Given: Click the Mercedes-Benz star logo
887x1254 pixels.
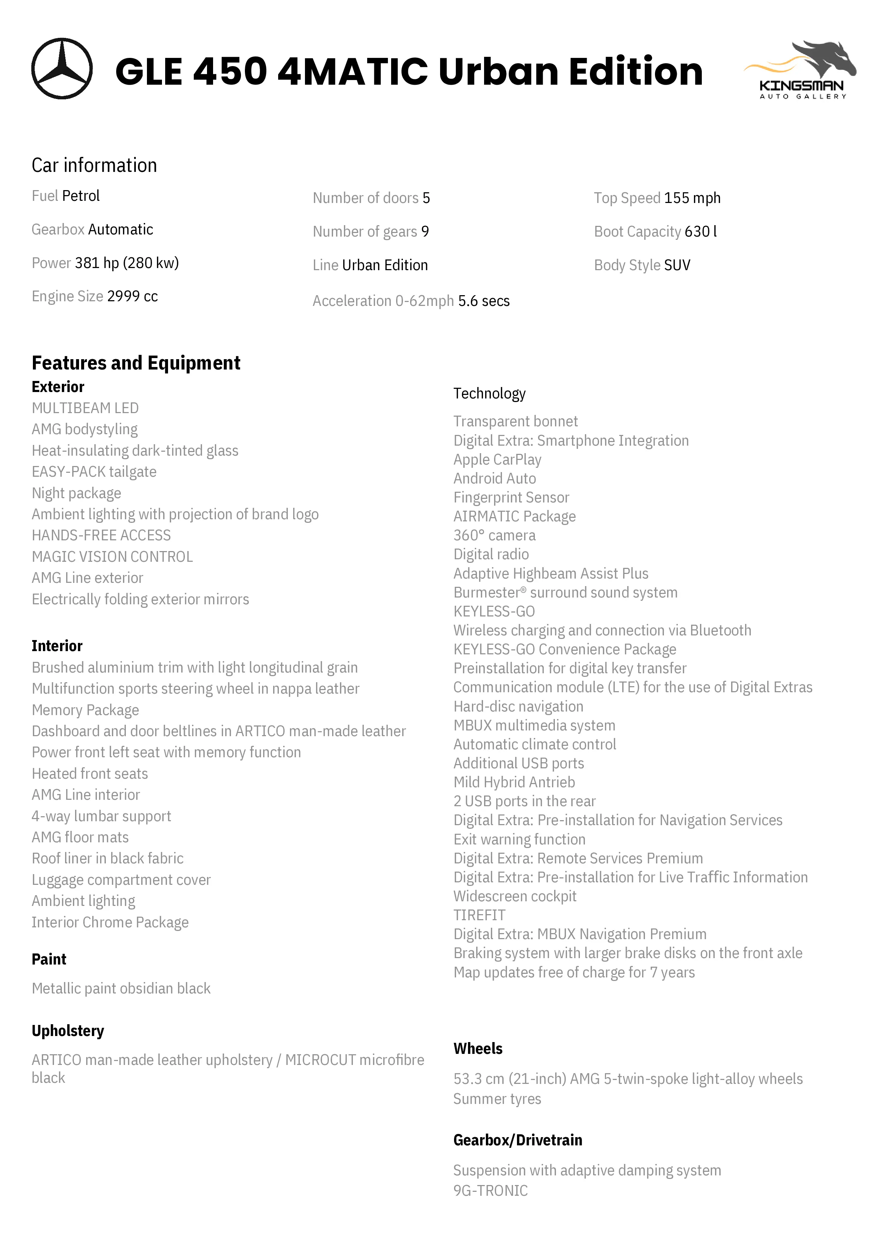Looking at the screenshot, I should tap(62, 69).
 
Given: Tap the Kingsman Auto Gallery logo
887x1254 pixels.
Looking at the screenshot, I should tap(800, 70).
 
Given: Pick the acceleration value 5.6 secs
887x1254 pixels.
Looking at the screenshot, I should tap(484, 301).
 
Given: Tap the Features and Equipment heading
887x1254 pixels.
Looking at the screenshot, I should tap(136, 363).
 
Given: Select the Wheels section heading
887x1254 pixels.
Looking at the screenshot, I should tap(478, 1048).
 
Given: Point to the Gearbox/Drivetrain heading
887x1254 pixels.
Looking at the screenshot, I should tap(518, 1140).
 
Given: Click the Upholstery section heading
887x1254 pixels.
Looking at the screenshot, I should tap(68, 1031).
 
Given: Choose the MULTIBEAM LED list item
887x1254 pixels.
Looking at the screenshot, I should tap(85, 408).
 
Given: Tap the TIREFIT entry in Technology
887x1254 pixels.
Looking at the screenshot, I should tap(479, 915).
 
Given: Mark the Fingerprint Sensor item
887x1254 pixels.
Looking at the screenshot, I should tap(511, 497).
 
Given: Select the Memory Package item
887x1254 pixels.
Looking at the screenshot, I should tap(85, 710).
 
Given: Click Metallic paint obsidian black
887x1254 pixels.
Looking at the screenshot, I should tap(121, 988).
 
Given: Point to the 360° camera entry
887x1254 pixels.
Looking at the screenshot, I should tap(494, 535).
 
